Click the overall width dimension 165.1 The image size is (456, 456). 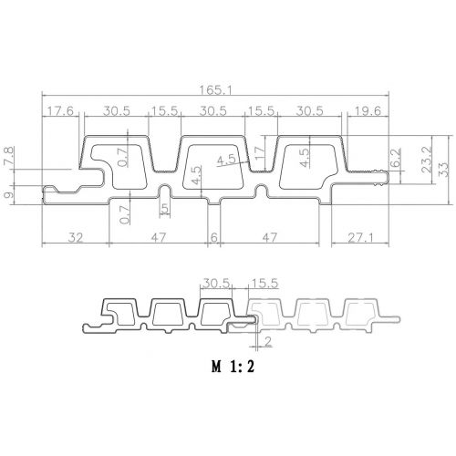coord(215,90)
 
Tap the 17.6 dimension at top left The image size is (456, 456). coord(60,111)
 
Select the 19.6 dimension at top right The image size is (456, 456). coord(367,111)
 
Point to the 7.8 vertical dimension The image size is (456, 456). coord(8,157)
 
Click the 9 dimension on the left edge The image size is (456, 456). coord(9,194)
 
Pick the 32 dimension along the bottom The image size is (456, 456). coord(75,237)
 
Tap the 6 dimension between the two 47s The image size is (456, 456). coord(214,237)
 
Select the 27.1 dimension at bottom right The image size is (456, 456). coord(360,237)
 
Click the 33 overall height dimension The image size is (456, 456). coord(443,170)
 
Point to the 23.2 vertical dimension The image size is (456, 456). coord(427,160)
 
